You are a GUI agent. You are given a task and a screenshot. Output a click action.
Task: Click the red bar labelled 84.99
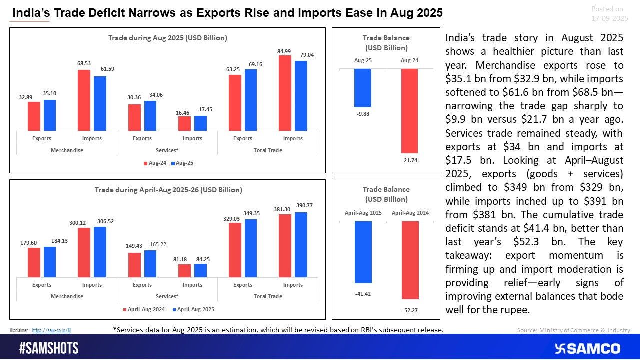click(x=285, y=93)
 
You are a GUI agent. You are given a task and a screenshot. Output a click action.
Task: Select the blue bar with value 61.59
click(x=100, y=103)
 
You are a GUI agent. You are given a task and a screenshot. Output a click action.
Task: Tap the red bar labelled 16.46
click(x=184, y=123)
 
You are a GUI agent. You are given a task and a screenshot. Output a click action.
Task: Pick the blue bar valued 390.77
click(x=301, y=244)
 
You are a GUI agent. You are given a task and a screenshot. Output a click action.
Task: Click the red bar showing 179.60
click(x=34, y=262)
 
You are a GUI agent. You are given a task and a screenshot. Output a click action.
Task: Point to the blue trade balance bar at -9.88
click(x=363, y=88)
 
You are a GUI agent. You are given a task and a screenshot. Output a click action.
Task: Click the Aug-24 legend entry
click(x=155, y=163)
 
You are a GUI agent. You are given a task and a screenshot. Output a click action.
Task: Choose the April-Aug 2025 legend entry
click(x=193, y=309)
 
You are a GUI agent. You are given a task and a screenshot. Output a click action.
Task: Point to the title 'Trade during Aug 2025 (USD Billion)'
click(x=168, y=38)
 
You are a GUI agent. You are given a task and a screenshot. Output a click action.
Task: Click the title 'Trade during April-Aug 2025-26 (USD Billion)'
click(x=168, y=190)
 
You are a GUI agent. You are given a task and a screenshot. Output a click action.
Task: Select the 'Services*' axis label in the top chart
click(x=167, y=150)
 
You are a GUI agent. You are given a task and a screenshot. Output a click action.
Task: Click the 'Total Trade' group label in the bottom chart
click(x=268, y=296)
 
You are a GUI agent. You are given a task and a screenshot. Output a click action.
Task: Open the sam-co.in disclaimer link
click(x=55, y=330)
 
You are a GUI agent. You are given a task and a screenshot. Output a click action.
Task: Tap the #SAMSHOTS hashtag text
click(x=49, y=348)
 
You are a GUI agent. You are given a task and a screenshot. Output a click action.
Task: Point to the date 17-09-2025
click(x=609, y=18)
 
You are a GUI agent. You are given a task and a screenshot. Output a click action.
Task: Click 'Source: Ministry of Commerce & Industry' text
click(x=573, y=330)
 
